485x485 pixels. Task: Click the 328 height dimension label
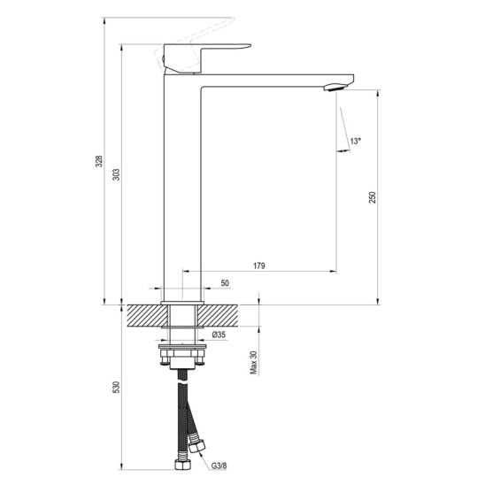(98, 161)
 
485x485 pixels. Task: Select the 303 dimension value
(116, 174)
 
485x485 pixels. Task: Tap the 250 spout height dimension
(373, 197)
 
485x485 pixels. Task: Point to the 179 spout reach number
(259, 266)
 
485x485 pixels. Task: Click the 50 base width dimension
(225, 283)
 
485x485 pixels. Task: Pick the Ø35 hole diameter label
(219, 335)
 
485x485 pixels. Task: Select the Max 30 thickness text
(254, 363)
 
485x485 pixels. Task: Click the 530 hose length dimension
(116, 388)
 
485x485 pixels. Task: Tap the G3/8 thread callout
(219, 466)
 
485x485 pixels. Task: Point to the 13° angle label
(356, 142)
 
